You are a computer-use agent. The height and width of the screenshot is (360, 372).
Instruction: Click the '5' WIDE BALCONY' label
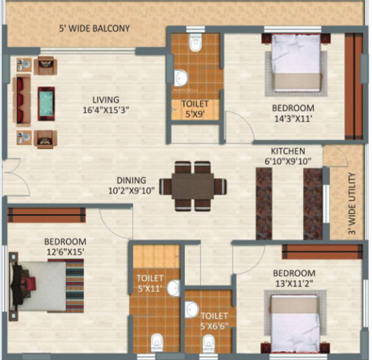tap(94, 29)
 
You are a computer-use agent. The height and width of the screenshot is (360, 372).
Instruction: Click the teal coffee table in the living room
tap(46, 103)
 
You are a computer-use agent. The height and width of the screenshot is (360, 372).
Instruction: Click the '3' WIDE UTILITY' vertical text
tap(352, 203)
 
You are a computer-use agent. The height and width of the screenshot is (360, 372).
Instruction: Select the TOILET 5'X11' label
tap(150, 283)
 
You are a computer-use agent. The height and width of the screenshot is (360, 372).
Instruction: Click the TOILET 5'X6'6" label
tap(214, 321)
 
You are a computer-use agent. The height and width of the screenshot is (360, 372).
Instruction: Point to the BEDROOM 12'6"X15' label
tap(65, 247)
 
